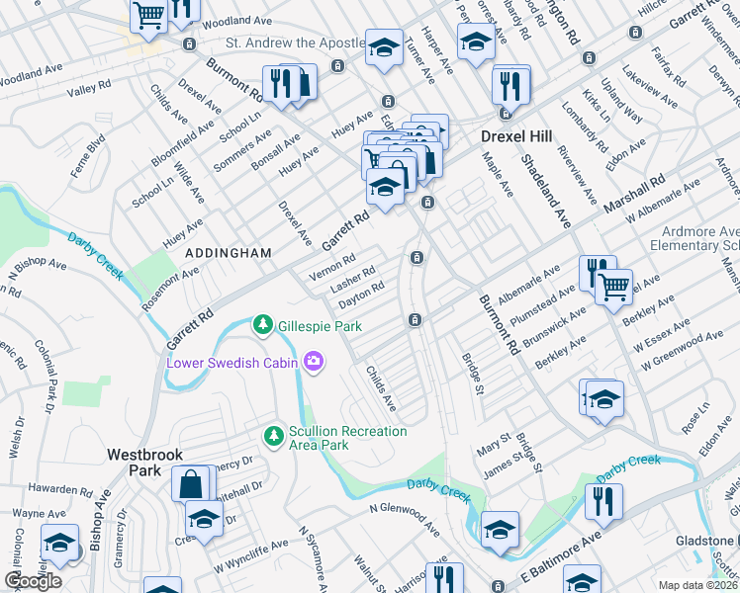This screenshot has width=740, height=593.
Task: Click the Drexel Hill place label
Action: (x=514, y=135)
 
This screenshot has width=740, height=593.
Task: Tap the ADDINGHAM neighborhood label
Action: (x=229, y=254)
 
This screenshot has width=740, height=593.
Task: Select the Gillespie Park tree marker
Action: (x=262, y=324)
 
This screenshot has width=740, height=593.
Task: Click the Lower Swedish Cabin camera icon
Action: (x=315, y=362)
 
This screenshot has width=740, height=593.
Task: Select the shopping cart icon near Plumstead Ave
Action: (x=614, y=287)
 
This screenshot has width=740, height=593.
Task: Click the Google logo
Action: (x=33, y=581)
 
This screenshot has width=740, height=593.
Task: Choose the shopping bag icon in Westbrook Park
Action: (x=192, y=484)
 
